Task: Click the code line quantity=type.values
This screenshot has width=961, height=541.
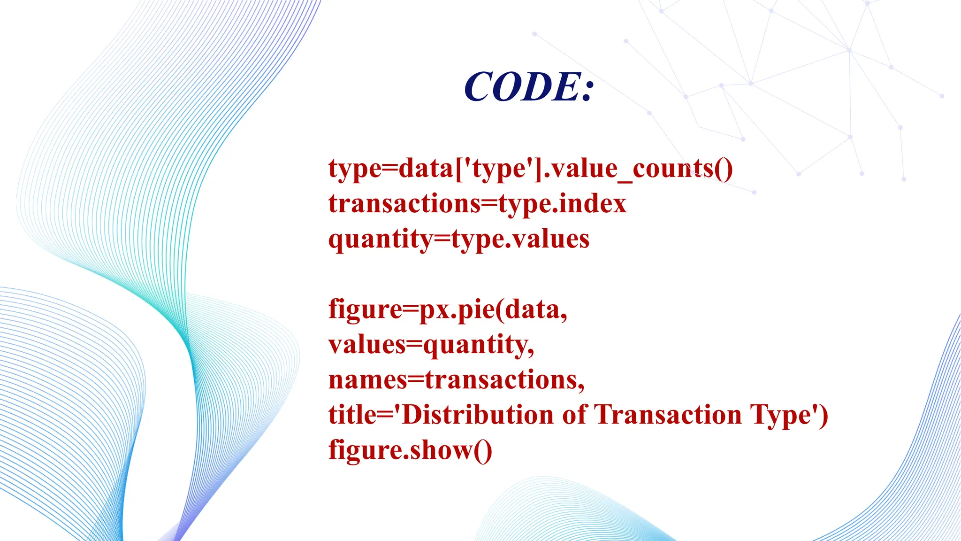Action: (458, 239)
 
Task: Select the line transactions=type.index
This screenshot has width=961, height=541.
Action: (477, 204)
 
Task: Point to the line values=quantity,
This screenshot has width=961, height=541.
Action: (431, 345)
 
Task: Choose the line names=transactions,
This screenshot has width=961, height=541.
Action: (457, 379)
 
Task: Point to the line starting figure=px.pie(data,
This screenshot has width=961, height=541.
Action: (448, 310)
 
